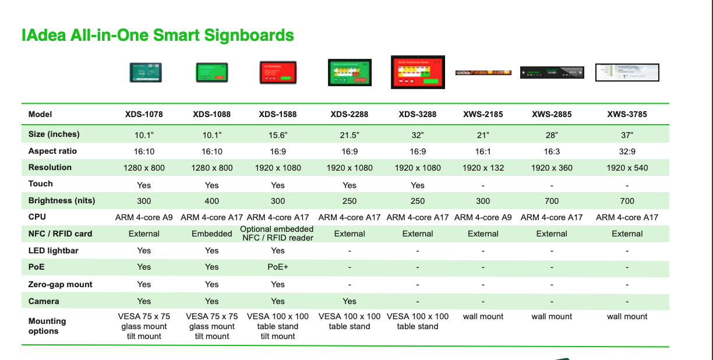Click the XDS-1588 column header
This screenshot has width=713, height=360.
(x=277, y=114)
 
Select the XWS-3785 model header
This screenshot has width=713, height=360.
(x=627, y=114)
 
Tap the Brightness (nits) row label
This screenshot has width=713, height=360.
(x=62, y=200)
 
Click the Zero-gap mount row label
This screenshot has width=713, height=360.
(x=60, y=284)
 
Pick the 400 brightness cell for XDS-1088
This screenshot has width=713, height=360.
(x=211, y=201)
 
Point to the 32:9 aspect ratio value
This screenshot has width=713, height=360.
(x=627, y=151)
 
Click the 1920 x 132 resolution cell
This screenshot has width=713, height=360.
(x=483, y=168)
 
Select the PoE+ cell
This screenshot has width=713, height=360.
(x=277, y=267)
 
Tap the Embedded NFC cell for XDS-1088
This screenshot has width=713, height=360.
(x=211, y=234)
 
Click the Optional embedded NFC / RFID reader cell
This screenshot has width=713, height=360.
(x=277, y=234)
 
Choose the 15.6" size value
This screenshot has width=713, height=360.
(x=277, y=135)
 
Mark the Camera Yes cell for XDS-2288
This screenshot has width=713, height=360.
(x=349, y=301)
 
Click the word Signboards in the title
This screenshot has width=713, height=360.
(x=249, y=35)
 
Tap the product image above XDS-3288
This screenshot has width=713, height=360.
(x=418, y=72)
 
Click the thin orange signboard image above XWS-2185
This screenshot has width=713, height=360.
(x=483, y=73)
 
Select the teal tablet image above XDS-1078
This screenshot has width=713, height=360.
(x=146, y=73)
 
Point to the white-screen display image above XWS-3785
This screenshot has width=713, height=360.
(x=627, y=73)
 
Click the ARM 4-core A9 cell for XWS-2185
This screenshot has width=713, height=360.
(x=483, y=217)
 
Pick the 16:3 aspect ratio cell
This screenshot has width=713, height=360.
(x=552, y=151)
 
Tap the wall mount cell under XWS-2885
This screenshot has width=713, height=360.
(x=552, y=316)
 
